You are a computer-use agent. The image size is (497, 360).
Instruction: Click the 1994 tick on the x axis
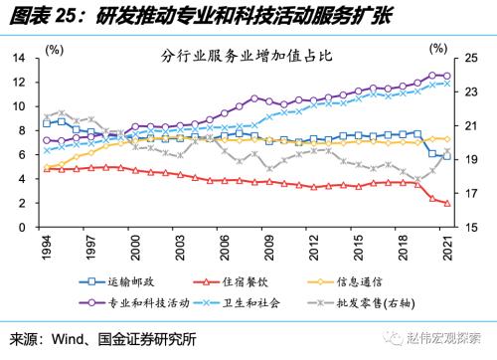(47, 245)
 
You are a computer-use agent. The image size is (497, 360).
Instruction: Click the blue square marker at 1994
(47, 122)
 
